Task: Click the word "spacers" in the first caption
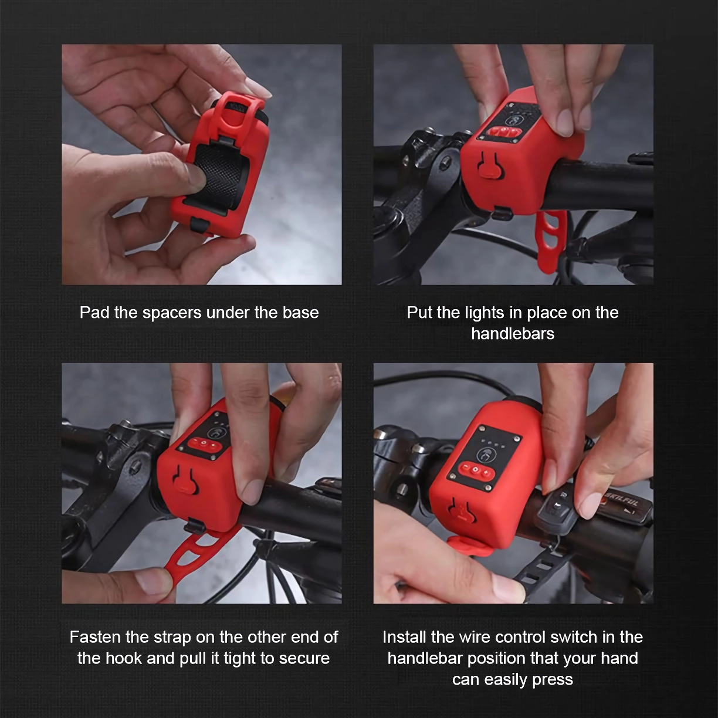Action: point(172,313)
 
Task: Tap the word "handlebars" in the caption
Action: point(513,334)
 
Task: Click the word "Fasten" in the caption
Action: point(96,637)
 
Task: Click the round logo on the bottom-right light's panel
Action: point(484,454)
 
